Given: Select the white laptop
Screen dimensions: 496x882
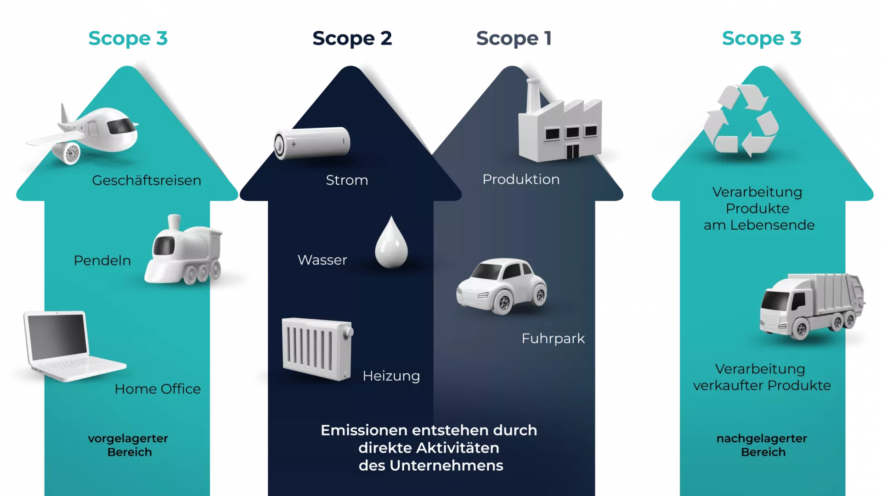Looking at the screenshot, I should coord(69,344).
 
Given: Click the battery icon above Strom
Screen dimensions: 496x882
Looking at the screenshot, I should coord(311,143).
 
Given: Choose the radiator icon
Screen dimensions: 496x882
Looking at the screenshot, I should coord(317,349).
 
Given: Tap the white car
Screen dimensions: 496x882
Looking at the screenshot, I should coord(502,286).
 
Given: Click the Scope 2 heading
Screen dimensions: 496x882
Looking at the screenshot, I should coord(352,39).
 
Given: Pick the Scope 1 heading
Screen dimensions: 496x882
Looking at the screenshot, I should coord(513,39).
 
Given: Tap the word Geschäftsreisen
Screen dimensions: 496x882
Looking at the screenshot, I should coord(147,180).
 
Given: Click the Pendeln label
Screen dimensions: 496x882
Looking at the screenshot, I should coord(102,261).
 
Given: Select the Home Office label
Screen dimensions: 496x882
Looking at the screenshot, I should coord(158,389).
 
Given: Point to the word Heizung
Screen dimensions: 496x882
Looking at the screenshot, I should coord(391,376).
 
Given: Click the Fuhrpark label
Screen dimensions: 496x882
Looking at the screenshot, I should coord(553,339).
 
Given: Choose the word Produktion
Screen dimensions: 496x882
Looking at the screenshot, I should coord(521,180).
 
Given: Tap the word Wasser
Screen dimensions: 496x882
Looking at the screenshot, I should coord(322,260).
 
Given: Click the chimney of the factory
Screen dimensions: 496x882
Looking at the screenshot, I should coord(533,94).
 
